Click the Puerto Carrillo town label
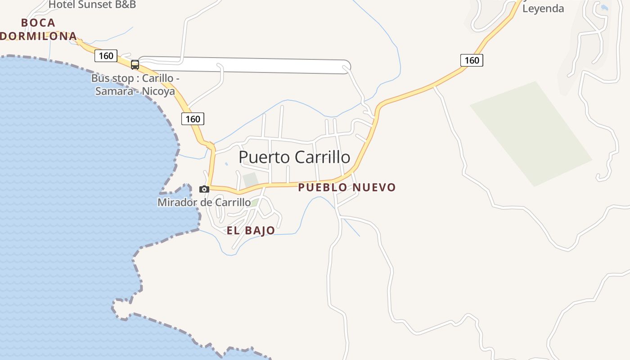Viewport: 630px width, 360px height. point(294,157)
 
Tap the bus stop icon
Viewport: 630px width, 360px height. point(135,65)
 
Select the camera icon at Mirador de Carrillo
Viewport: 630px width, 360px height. point(204,189)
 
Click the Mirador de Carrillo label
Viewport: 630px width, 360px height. point(204,202)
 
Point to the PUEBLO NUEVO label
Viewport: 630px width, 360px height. point(346,187)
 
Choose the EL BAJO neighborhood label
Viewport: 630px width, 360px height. point(251,231)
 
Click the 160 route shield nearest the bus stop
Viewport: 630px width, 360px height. point(106,56)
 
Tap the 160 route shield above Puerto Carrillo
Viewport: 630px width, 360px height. point(193,119)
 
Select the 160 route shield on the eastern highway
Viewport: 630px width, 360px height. point(472,60)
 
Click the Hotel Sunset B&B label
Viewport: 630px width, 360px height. point(92,5)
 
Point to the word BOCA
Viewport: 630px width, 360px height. point(38,22)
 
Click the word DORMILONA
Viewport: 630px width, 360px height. point(38,36)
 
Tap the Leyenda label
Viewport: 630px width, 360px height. point(543,9)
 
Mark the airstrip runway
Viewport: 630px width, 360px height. point(243,65)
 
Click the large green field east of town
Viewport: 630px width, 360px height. point(531,134)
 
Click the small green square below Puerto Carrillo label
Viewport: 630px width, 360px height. point(250,179)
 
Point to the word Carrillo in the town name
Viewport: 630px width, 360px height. point(322,157)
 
